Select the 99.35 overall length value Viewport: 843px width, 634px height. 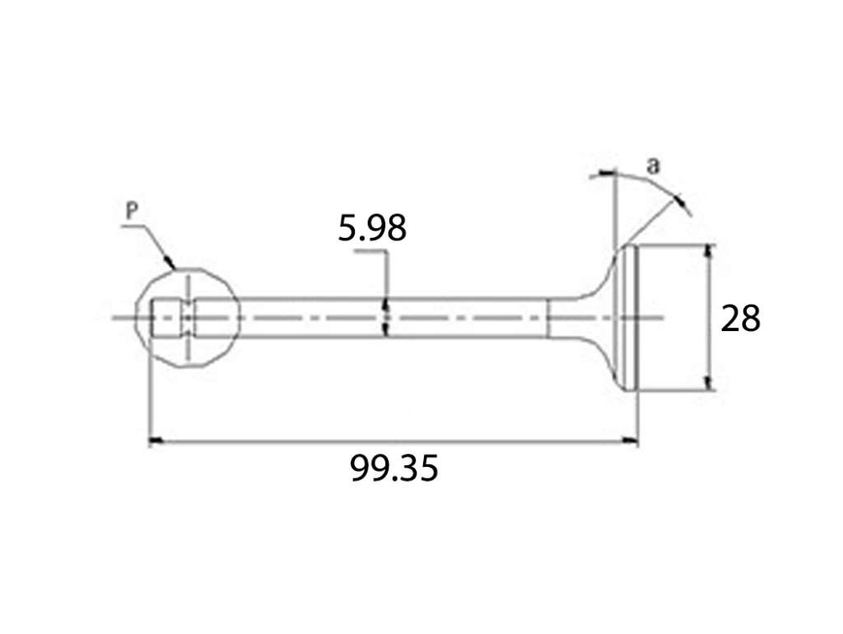(x=394, y=468)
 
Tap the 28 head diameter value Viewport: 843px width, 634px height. (x=740, y=318)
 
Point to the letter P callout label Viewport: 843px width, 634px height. (x=132, y=212)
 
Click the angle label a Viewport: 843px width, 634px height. (x=652, y=166)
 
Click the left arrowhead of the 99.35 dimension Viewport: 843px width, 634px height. (x=156, y=441)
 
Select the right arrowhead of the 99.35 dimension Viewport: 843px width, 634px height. (x=630, y=441)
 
